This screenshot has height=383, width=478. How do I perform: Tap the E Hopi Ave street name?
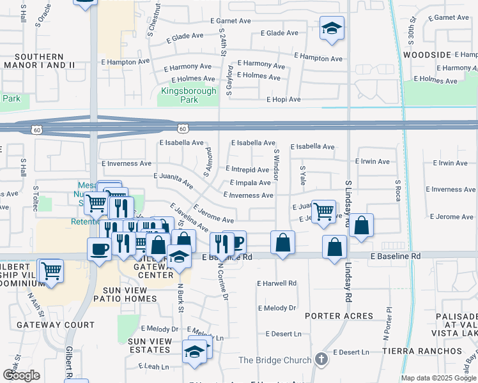coord(284,100)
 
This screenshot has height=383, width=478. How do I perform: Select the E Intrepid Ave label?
coord(247,170)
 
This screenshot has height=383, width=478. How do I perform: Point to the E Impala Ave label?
coord(247,183)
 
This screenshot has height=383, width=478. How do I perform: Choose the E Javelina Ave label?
coord(189,217)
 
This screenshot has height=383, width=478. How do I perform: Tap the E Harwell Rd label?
coord(277,283)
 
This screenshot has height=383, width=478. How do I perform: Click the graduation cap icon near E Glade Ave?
coord(332,28)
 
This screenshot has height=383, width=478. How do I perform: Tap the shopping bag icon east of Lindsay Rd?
coord(361,225)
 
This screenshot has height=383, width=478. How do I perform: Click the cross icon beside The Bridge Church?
coord(321,360)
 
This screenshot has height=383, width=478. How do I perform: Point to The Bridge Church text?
coord(275,360)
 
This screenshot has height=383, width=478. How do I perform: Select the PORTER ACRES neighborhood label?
coord(339,316)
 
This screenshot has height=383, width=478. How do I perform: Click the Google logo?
coord(21,375)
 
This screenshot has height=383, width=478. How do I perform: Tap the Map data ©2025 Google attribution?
coord(438,378)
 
